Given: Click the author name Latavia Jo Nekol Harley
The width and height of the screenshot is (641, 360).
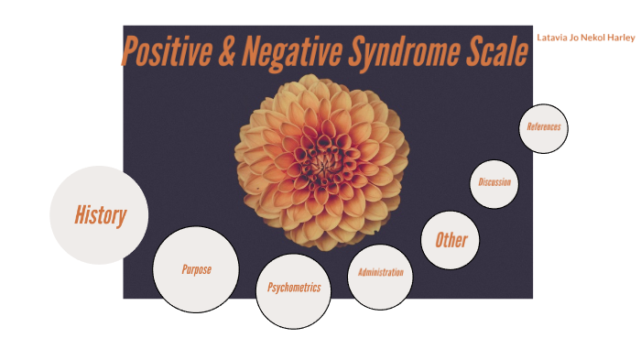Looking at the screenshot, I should coord(586,38).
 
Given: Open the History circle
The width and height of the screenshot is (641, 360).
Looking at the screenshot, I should coord(99,215).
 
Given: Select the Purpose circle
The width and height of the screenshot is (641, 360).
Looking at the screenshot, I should coord(196,269).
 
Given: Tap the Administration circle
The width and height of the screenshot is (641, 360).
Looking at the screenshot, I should coord(381,273).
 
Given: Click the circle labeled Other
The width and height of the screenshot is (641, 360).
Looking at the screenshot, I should coord(451,240).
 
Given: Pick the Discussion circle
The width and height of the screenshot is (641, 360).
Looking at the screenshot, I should coord(494,182).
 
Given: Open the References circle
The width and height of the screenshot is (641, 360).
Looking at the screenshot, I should coord(543,127).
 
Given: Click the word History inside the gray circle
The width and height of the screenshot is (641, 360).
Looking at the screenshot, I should coord(99,216).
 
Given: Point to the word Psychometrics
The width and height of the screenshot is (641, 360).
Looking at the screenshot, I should coord(293,288).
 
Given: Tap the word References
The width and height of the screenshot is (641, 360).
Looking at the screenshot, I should coord(543,127).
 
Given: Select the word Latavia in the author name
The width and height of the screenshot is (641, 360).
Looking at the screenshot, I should coord(552,38).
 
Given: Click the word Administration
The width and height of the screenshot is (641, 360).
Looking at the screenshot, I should coord(381,273).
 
